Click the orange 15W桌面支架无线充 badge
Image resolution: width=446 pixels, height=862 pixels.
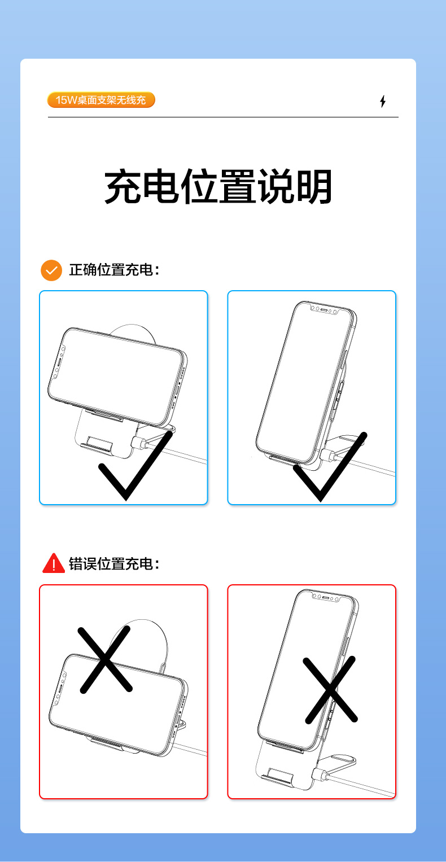(x=101, y=100)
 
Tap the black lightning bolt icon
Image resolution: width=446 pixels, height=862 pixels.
(x=383, y=101)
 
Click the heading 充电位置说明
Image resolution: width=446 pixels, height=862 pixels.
(x=218, y=186)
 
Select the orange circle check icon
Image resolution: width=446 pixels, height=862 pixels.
(x=51, y=270)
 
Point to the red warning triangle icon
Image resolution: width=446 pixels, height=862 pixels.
(x=54, y=563)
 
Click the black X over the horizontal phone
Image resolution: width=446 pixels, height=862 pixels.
(x=104, y=659)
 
